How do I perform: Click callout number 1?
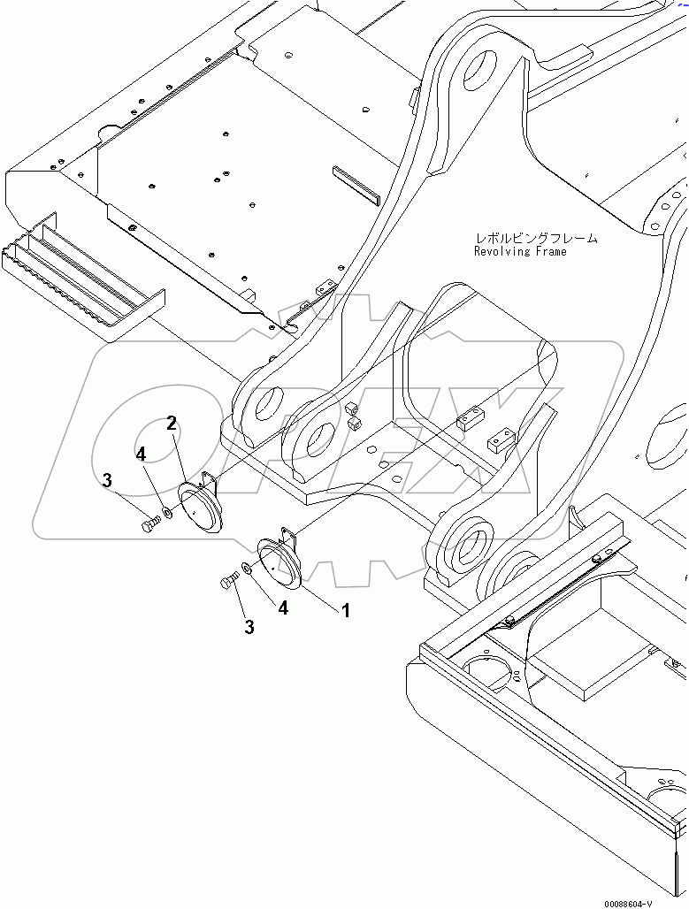point(345,610)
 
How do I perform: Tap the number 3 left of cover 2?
point(107,481)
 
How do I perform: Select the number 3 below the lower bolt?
point(249,627)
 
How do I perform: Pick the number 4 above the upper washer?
point(141,454)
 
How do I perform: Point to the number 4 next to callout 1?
point(283,607)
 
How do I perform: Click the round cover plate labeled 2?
point(203,508)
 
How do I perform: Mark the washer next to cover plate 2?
point(167,514)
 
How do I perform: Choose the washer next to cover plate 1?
point(247,570)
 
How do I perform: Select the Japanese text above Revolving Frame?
point(536,238)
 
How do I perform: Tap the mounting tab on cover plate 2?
point(208,480)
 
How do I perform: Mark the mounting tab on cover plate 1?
point(287,534)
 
